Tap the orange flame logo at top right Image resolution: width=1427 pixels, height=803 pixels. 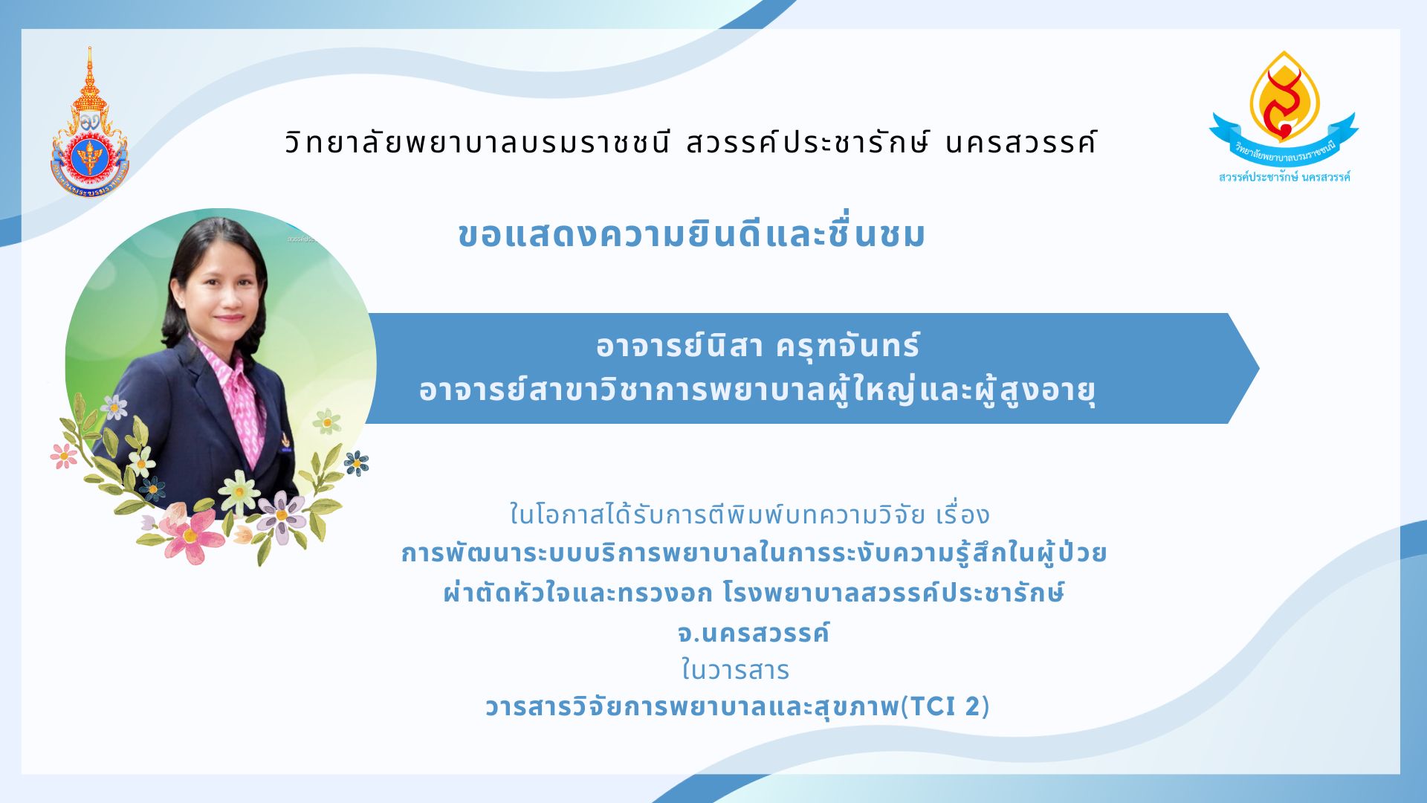pos(1284,97)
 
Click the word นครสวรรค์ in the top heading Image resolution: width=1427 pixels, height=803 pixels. pos(1021,141)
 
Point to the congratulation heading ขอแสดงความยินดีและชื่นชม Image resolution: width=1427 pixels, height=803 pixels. pos(692,233)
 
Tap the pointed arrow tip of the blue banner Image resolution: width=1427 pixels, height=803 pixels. pos(1259,368)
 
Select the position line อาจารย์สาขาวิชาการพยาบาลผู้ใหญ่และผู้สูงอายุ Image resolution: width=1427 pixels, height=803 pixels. pos(757,390)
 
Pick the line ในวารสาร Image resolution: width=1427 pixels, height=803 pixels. pos(735,670)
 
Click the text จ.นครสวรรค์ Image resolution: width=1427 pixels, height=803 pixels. pos(753,632)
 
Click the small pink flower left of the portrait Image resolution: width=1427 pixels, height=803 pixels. pos(64,455)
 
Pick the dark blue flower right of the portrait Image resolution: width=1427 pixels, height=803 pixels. pos(357,463)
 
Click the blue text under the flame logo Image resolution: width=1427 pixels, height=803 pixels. pos(1284,177)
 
